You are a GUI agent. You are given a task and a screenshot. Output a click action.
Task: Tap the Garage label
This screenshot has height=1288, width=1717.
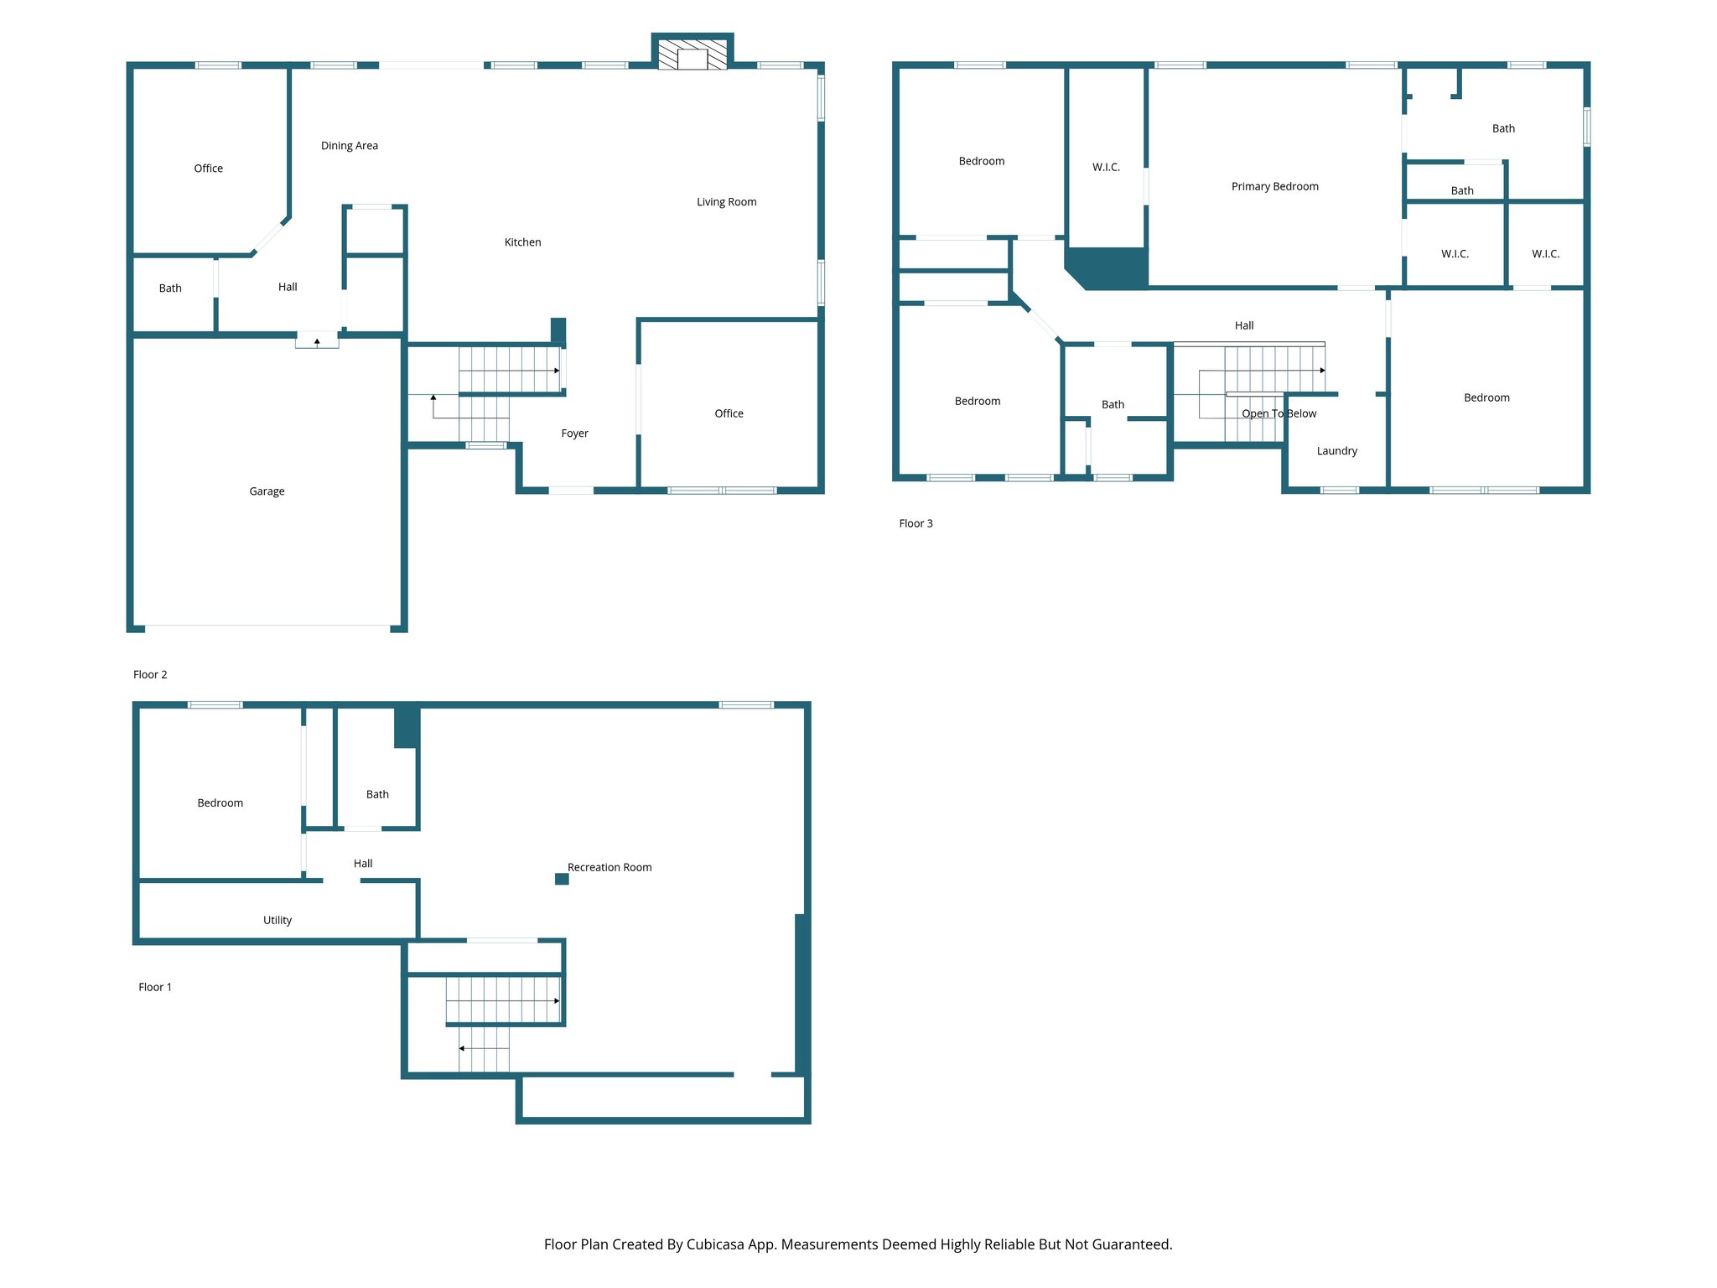267,491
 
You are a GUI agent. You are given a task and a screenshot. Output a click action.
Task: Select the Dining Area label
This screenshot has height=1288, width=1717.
350,146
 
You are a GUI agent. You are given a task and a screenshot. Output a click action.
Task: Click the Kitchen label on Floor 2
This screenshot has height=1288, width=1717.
522,242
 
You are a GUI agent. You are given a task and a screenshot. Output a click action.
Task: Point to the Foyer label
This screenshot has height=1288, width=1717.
574,434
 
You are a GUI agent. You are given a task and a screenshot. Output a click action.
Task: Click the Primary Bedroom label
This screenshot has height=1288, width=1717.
1274,186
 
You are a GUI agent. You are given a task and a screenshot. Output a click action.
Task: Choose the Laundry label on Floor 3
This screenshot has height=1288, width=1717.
1336,451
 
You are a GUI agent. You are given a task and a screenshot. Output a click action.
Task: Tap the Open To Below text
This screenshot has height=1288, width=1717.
1279,413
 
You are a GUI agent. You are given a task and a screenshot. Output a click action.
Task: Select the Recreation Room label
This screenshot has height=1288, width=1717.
610,867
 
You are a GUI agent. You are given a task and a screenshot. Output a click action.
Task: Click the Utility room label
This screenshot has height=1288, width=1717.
278,920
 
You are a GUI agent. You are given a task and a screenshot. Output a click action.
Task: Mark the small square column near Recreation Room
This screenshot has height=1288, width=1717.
562,879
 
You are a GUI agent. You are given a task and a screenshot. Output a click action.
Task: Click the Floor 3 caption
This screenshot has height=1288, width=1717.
916,523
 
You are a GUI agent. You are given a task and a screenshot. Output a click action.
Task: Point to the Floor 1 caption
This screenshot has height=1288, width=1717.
155,987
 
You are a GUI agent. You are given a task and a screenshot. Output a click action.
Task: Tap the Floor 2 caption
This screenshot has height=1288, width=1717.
150,674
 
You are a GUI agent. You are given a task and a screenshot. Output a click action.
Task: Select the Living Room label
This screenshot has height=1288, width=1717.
726,202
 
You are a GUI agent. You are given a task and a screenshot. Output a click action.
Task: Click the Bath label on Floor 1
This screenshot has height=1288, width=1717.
377,794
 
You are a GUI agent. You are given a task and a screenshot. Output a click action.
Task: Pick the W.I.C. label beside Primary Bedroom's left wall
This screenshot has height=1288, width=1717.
1106,168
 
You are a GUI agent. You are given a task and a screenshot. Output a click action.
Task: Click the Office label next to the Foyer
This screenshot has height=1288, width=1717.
729,413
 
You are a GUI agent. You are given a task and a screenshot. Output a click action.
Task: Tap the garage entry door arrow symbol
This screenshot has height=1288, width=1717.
317,341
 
